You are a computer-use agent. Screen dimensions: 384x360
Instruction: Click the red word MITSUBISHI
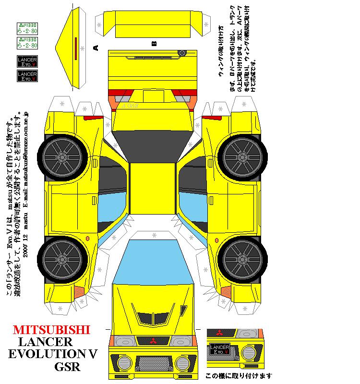(x=51, y=330)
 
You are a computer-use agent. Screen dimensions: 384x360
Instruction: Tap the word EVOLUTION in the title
(x=45, y=355)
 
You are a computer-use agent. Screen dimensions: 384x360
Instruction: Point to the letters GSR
(x=67, y=368)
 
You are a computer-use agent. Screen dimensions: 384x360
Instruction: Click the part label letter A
(x=96, y=47)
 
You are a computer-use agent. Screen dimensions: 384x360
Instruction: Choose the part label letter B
(x=154, y=43)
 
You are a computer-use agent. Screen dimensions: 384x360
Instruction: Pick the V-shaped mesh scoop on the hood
(x=153, y=317)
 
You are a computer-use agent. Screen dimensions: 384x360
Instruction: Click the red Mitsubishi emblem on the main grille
(x=153, y=341)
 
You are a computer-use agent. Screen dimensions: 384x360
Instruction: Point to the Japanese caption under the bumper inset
(x=239, y=375)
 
